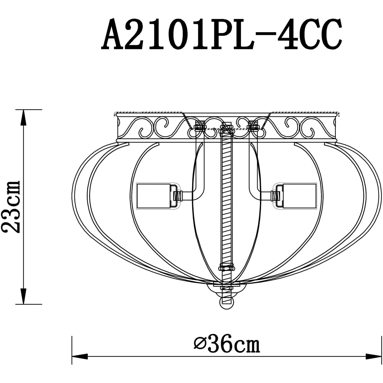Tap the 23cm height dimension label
click(x=11, y=207)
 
